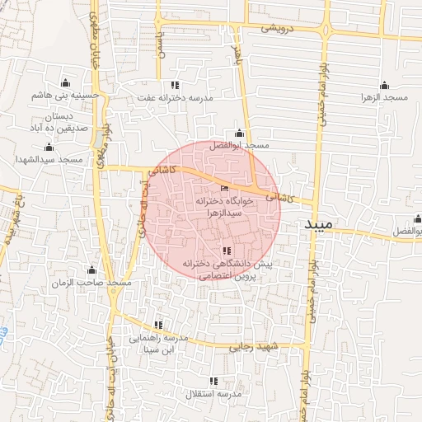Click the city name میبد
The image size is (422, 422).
pyautogui.click(x=321, y=225)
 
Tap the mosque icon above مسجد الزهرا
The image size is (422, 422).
pyautogui.click(x=384, y=85)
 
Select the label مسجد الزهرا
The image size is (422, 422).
pyautogui.click(x=384, y=98)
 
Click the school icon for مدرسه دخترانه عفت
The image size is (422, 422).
pyautogui.click(x=174, y=85)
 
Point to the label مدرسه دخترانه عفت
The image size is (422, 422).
pyautogui.click(x=174, y=98)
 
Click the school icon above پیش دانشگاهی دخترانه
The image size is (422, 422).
pyautogui.click(x=227, y=251)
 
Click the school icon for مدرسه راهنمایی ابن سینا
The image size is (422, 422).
pyautogui.click(x=158, y=325)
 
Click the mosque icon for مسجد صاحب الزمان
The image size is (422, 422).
pyautogui.click(x=91, y=270)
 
